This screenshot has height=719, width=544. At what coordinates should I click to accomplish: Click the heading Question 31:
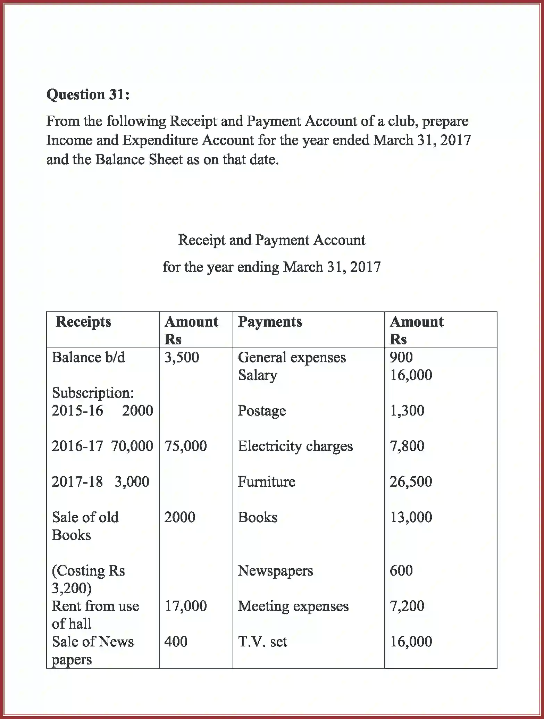click(x=88, y=94)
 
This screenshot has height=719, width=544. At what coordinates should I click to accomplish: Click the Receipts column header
click(x=83, y=321)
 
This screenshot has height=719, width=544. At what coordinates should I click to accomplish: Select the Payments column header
click(x=270, y=321)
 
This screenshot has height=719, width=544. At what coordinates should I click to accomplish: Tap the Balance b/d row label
click(x=88, y=357)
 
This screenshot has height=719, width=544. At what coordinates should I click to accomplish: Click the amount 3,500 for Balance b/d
click(x=182, y=357)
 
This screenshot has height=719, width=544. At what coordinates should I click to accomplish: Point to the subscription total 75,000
click(x=185, y=446)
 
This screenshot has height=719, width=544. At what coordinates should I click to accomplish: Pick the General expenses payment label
click(x=292, y=357)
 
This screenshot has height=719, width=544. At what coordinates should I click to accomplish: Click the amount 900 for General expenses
click(x=401, y=357)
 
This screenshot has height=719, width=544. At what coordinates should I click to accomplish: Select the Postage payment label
click(x=262, y=411)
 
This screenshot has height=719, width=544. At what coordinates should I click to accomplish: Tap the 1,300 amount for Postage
click(x=407, y=411)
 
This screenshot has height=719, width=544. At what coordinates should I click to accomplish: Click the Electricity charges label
click(x=295, y=446)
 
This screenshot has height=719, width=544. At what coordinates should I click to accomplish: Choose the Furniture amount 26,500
click(x=411, y=482)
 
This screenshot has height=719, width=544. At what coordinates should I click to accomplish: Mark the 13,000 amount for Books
click(x=411, y=517)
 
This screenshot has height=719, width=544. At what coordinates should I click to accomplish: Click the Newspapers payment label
click(x=275, y=570)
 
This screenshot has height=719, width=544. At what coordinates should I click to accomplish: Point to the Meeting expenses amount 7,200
click(x=407, y=606)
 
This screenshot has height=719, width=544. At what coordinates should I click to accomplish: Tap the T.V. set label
click(x=262, y=642)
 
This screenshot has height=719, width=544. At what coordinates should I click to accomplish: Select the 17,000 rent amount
click(x=185, y=606)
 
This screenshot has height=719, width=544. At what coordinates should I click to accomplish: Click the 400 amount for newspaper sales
click(x=176, y=642)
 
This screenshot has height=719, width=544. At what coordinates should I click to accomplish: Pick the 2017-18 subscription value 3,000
click(x=132, y=482)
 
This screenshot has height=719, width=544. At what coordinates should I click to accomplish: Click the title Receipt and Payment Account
click(x=271, y=240)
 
